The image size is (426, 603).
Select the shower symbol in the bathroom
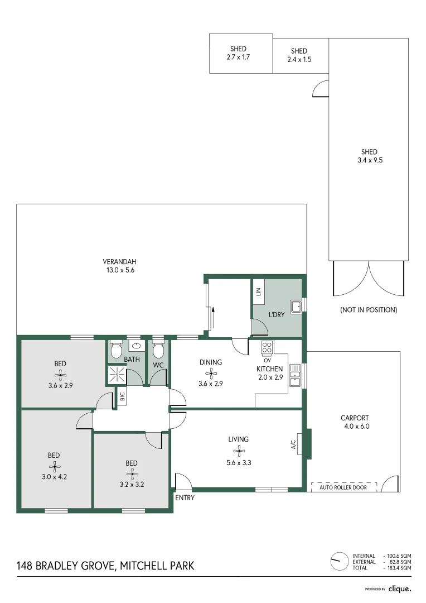(x=117, y=375)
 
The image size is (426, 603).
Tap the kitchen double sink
(x=295, y=375)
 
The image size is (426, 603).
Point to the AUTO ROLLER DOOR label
(x=343, y=487)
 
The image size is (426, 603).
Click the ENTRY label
(x=185, y=497)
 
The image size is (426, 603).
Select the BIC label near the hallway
(x=122, y=398)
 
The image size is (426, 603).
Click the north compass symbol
(x=336, y=561)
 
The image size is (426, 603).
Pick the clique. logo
(x=400, y=588)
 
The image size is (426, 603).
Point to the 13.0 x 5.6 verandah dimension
(x=119, y=270)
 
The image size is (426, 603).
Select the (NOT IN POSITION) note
(x=369, y=310)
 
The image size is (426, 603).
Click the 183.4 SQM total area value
(x=399, y=567)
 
